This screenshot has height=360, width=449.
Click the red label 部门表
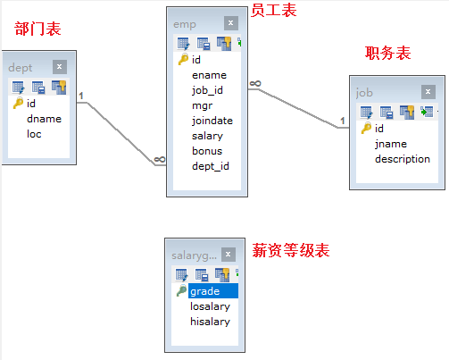[38, 29]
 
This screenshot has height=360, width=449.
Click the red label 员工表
[274, 10]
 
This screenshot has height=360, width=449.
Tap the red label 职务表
[388, 54]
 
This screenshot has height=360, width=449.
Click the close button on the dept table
[60, 66]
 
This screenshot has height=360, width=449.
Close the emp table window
[230, 23]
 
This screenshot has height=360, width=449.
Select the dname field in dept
[44, 119]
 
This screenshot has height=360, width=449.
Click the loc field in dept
[34, 134]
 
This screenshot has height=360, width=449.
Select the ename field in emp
[209, 76]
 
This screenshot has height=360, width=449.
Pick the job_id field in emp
[211, 91]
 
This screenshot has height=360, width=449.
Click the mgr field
[203, 105]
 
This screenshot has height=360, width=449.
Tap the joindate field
[213, 121]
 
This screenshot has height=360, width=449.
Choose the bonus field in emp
[208, 151]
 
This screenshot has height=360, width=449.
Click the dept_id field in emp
[211, 166]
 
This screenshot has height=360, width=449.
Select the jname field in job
[392, 144]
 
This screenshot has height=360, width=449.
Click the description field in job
[403, 159]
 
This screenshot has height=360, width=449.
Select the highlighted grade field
[205, 291]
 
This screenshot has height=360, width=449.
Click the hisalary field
[210, 322]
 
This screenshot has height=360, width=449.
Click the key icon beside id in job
[365, 129]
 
